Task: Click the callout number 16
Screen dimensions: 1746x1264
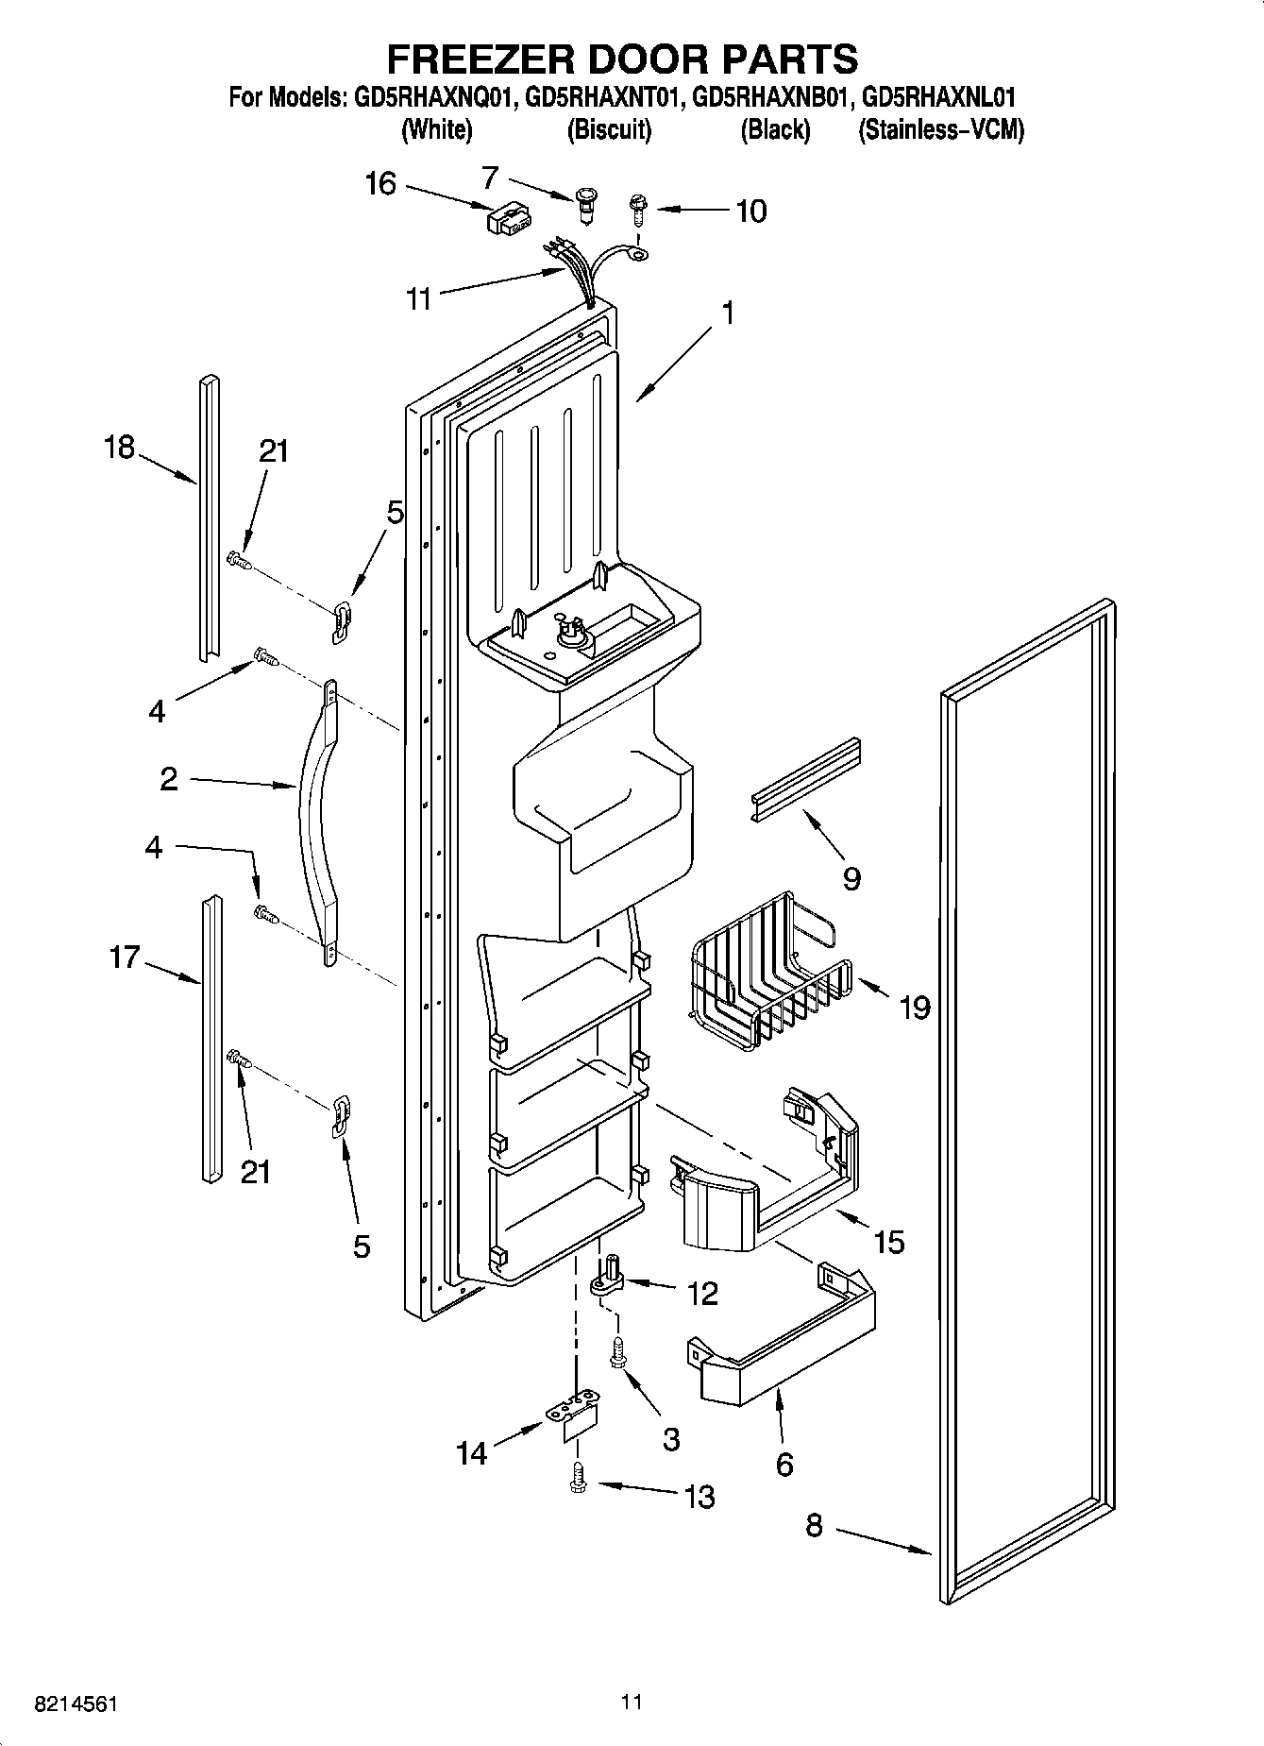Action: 380,183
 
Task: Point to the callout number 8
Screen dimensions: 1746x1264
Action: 815,1524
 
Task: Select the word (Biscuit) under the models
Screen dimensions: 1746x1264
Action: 609,130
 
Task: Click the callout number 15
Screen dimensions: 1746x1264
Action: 888,1241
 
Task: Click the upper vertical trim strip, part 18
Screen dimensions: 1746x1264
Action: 209,519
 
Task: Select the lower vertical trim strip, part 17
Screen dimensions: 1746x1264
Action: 211,1039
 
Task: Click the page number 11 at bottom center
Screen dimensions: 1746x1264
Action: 632,1702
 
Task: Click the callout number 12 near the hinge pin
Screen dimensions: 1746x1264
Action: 702,1293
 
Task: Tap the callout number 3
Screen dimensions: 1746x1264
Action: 670,1439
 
